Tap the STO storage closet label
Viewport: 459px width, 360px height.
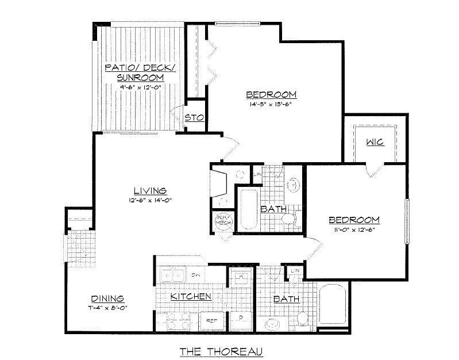coord(191,118)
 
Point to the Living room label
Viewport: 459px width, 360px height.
coord(150,190)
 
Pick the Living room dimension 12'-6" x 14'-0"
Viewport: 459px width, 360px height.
coord(150,200)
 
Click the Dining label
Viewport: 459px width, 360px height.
coord(108,298)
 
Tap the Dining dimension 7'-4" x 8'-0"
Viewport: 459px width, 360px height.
coord(108,308)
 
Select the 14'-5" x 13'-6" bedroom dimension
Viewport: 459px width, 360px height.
coord(271,105)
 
